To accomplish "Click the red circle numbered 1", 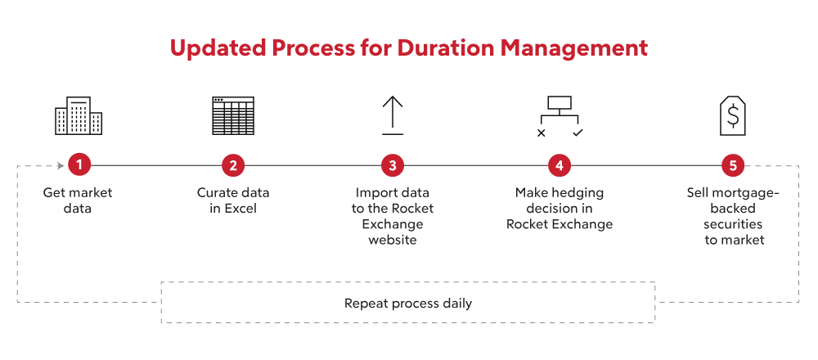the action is tap(79, 166).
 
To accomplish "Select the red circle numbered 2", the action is tap(233, 166).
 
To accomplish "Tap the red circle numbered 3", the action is tap(393, 166).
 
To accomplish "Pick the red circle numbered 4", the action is tap(560, 166).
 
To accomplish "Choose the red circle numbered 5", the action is tap(733, 166).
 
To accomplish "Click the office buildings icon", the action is tap(79, 116).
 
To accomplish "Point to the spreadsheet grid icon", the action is tap(233, 116).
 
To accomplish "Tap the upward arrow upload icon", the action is tap(393, 116).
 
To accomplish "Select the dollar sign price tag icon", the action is tap(733, 116).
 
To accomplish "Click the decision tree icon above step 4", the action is tap(560, 116).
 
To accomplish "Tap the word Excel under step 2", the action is tap(240, 209).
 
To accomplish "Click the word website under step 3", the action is tap(393, 240).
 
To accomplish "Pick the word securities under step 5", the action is tap(733, 224).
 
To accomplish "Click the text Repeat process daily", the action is tap(408, 304).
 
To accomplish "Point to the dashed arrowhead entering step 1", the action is tap(61, 166).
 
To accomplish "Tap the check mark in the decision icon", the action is tap(578, 133).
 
